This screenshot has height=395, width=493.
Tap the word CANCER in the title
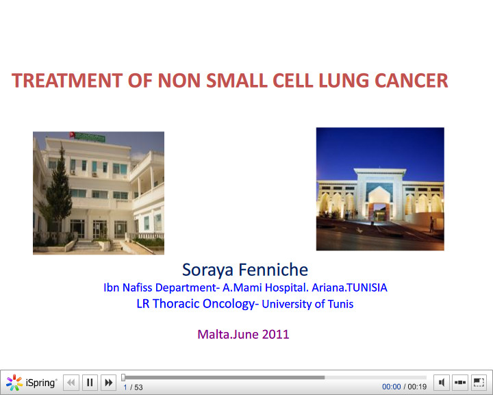(x=411, y=81)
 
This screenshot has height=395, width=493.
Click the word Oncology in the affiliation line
(x=223, y=304)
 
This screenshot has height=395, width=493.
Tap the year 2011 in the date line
(x=275, y=335)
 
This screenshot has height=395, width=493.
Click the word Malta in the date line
(x=214, y=335)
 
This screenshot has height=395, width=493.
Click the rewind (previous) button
(x=71, y=383)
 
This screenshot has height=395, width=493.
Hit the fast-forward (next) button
(x=108, y=383)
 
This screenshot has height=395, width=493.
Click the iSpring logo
(x=31, y=383)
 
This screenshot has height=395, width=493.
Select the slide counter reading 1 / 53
(x=133, y=387)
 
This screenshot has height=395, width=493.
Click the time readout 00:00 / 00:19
(x=404, y=387)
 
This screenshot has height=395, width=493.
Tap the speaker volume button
(x=442, y=382)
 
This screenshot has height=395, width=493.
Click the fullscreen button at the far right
(x=479, y=382)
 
